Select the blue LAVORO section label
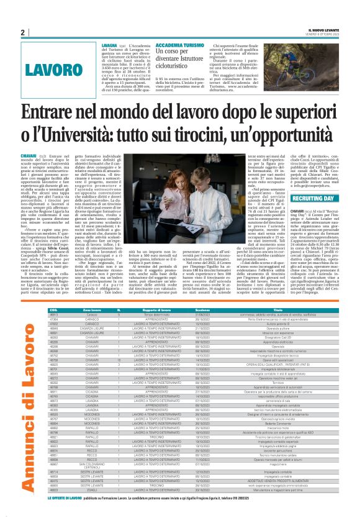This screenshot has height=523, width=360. coord(60,68)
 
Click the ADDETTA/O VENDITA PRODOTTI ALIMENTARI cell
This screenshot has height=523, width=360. coord(286,498)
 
